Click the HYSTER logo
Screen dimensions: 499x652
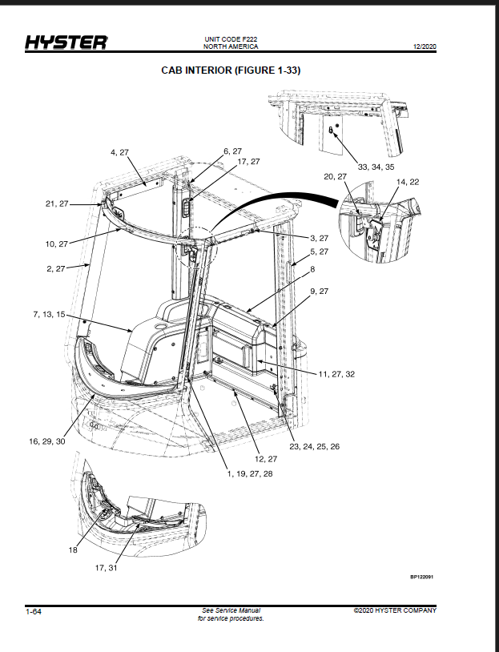click(x=66, y=42)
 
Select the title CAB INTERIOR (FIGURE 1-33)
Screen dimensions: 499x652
click(x=231, y=70)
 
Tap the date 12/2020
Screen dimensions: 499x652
click(x=425, y=46)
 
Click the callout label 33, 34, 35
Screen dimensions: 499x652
click(x=376, y=167)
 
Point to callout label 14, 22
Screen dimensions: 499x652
click(x=408, y=182)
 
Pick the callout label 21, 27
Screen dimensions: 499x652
click(x=57, y=203)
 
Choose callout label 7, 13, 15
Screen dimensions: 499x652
click(x=49, y=314)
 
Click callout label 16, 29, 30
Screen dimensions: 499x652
click(x=47, y=441)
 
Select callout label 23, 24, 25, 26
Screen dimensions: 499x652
click(x=314, y=447)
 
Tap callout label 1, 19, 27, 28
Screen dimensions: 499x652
click(x=250, y=474)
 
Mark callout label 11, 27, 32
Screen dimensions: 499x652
click(x=337, y=374)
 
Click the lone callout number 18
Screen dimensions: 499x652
click(x=73, y=550)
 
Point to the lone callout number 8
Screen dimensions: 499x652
click(x=312, y=269)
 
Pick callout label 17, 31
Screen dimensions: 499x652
click(x=106, y=568)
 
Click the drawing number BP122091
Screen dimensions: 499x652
click(x=421, y=577)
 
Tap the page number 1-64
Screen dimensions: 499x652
click(x=34, y=612)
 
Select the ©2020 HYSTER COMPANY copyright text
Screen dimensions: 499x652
click(x=395, y=610)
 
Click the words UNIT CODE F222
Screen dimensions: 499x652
click(x=231, y=39)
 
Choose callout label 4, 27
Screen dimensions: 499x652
click(x=120, y=153)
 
